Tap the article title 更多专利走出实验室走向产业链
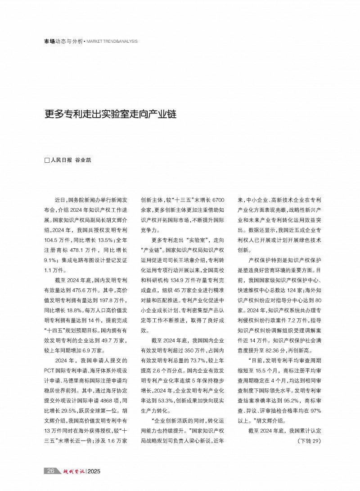(111, 114)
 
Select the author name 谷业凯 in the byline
(83, 160)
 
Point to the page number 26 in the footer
(51, 470)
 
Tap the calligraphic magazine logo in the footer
(72, 470)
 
